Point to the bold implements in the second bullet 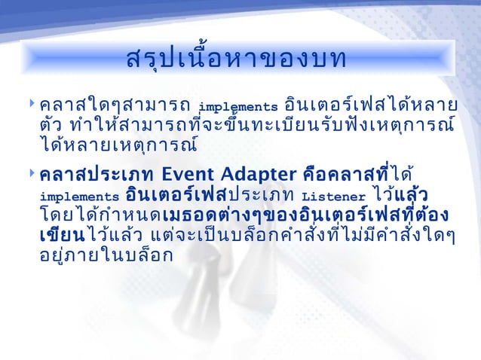79,198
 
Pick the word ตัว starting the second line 51,123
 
